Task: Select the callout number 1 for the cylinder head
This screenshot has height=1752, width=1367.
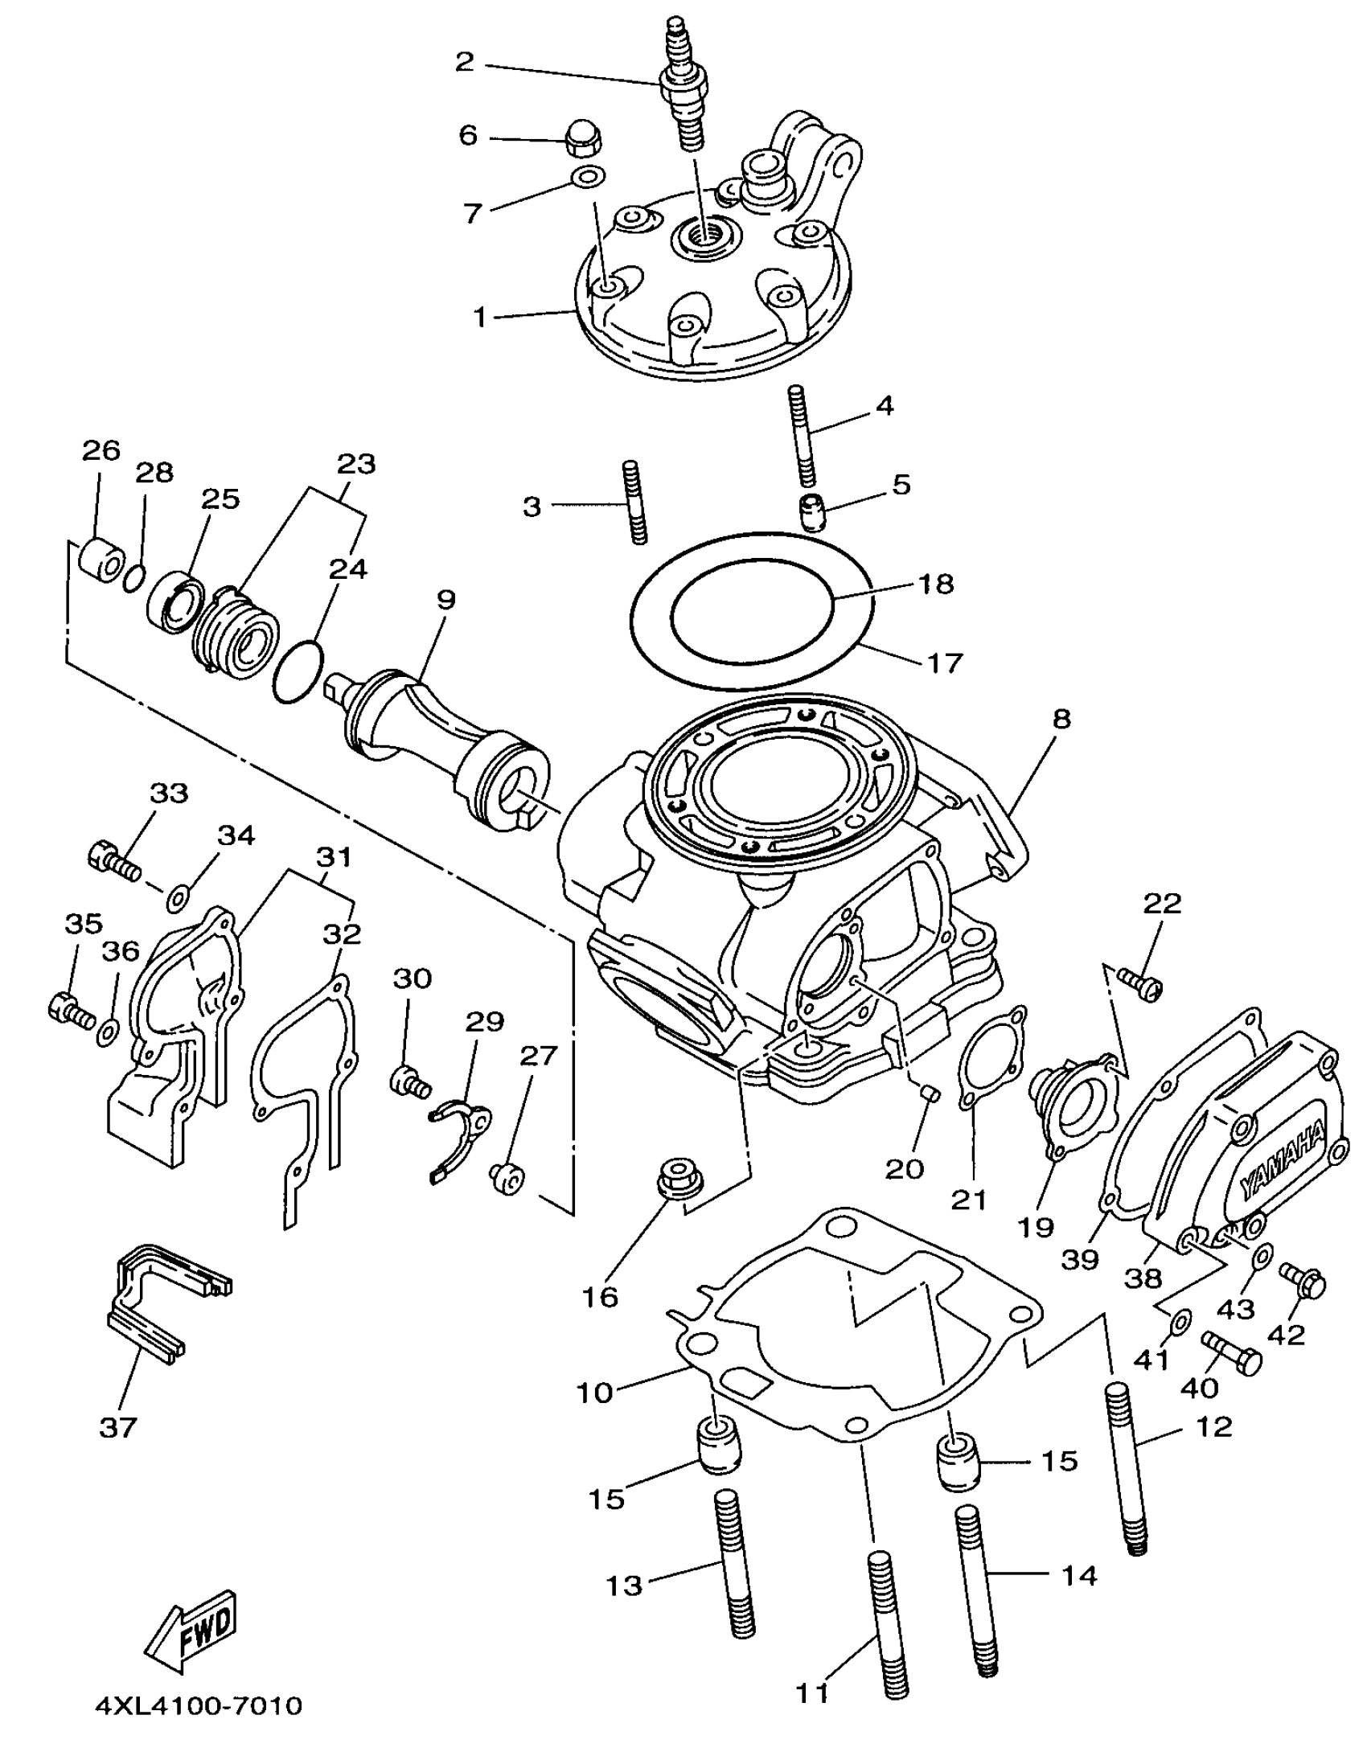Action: [480, 318]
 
